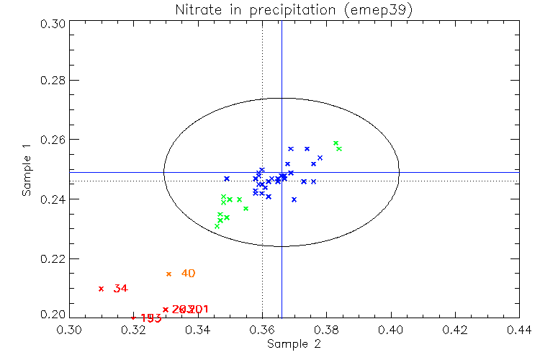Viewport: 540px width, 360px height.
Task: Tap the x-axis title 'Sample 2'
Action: pyautogui.click(x=294, y=344)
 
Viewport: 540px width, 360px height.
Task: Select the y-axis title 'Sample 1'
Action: pyautogui.click(x=27, y=170)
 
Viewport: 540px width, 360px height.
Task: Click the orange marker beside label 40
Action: pyautogui.click(x=169, y=274)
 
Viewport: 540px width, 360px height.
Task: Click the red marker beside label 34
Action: pyautogui.click(x=102, y=289)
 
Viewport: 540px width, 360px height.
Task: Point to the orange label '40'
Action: pyautogui.click(x=188, y=274)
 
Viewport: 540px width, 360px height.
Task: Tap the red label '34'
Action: pyautogui.click(x=120, y=289)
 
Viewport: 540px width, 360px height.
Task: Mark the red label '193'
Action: pyautogui.click(x=150, y=318)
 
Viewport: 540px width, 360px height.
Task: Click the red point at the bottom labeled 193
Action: pyautogui.click(x=133, y=317)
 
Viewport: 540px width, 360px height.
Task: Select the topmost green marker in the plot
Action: pyautogui.click(x=336, y=143)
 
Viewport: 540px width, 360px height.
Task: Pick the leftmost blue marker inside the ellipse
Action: pyautogui.click(x=227, y=179)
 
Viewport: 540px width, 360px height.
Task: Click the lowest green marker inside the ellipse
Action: pyautogui.click(x=217, y=226)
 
